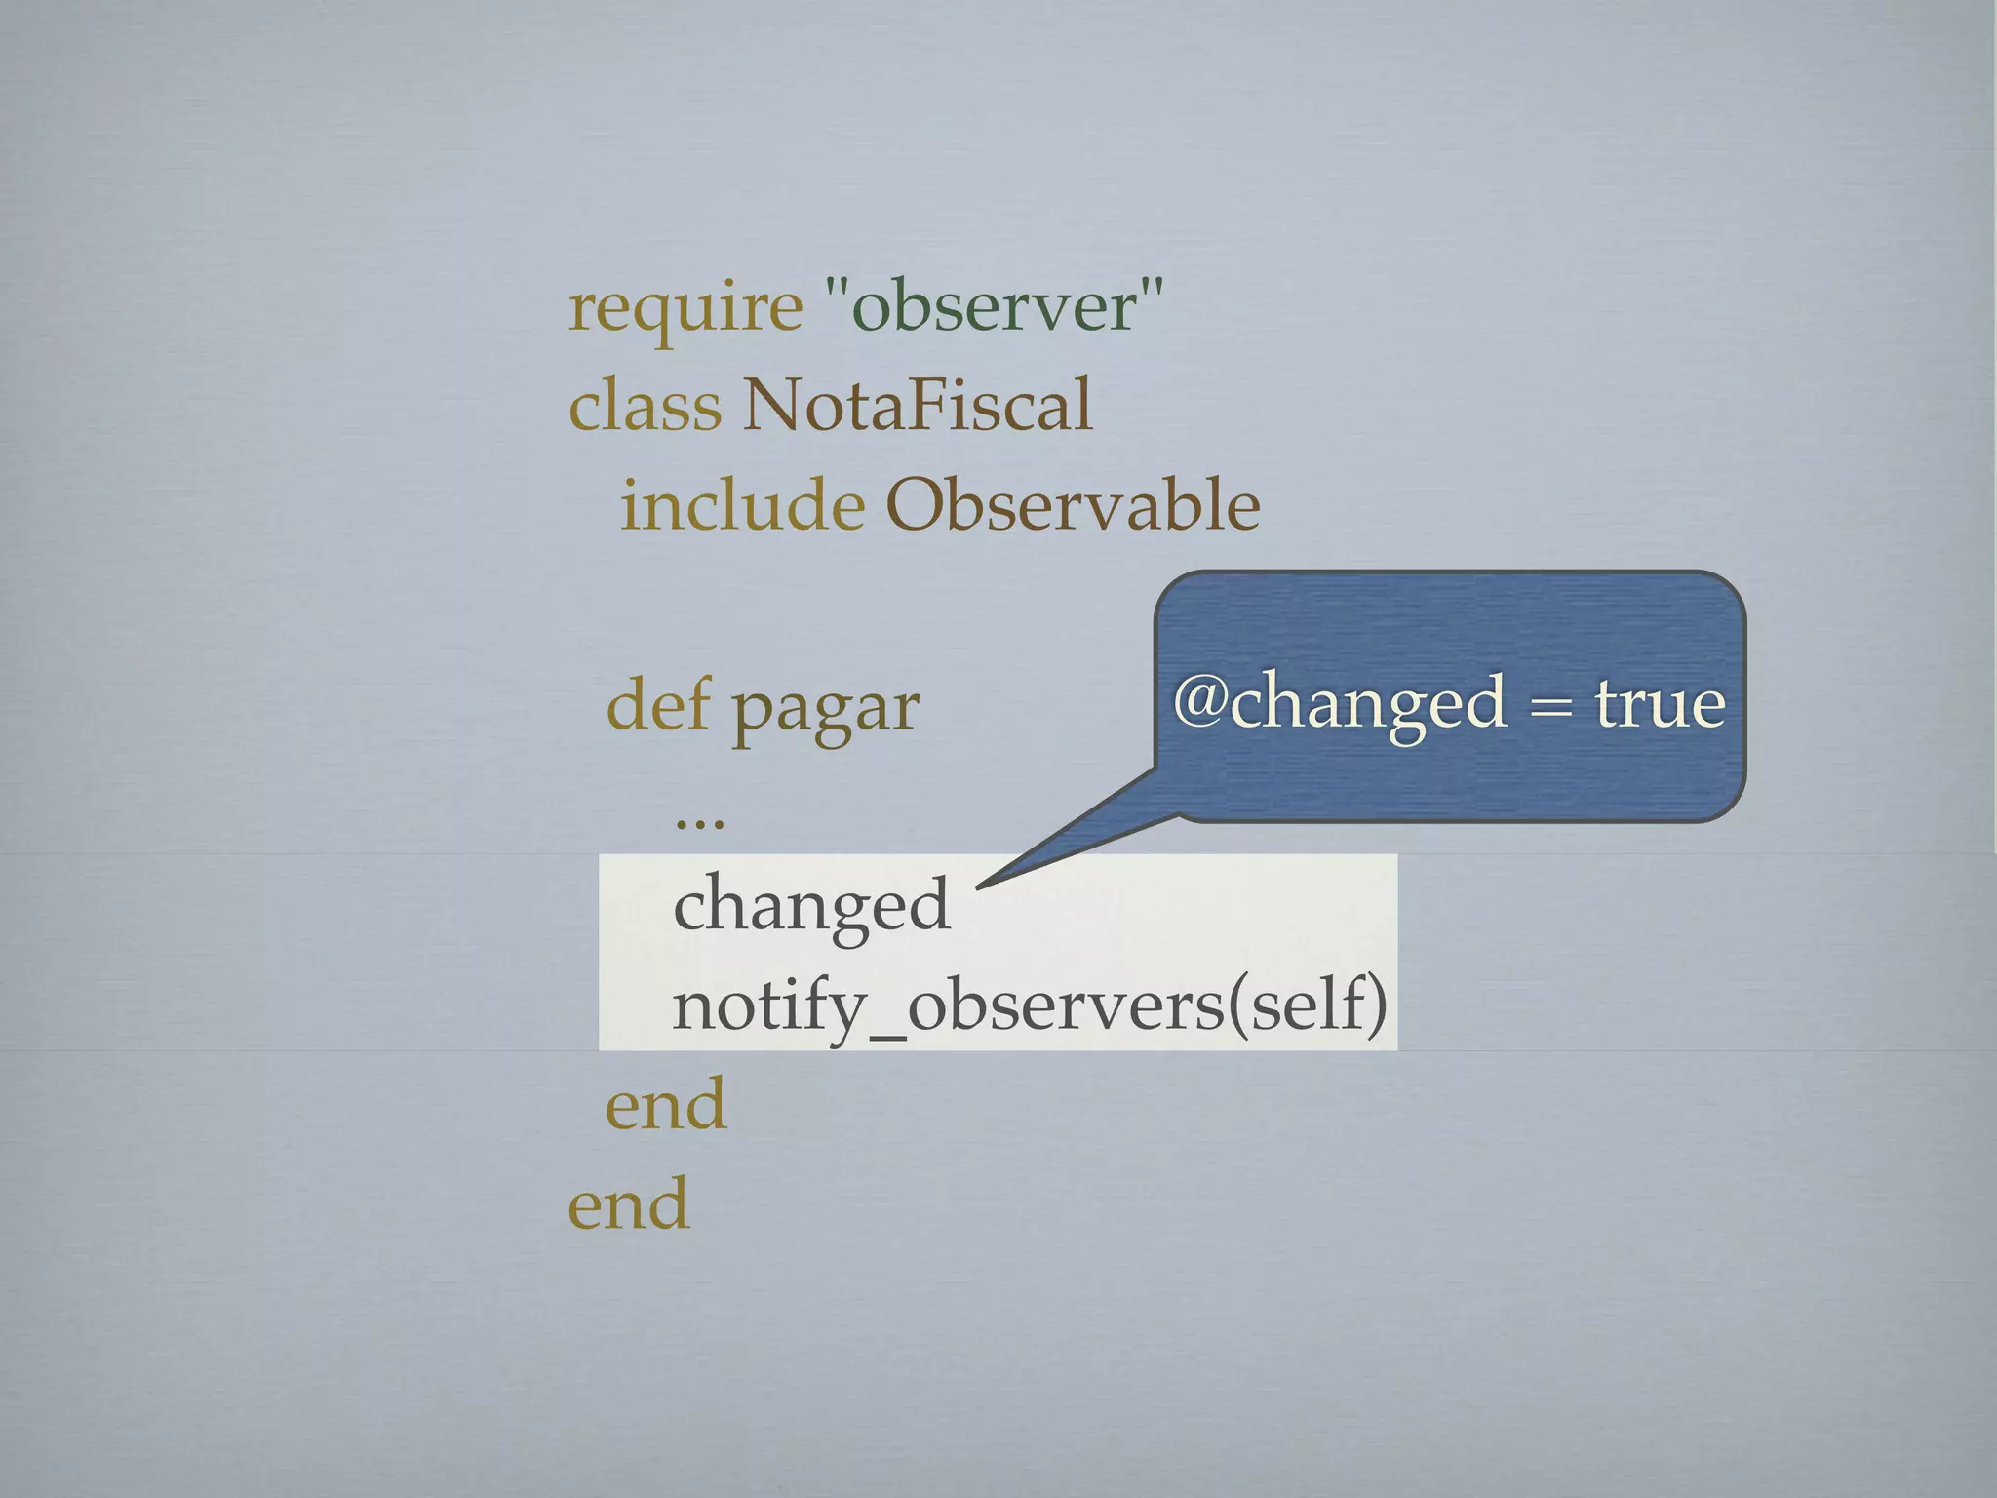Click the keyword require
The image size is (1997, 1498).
(685, 310)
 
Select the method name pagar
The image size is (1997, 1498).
(825, 710)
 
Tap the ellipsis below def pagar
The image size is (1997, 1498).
(699, 821)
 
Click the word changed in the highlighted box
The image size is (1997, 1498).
(811, 905)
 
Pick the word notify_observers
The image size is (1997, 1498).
(947, 1006)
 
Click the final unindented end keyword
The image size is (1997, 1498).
(629, 1204)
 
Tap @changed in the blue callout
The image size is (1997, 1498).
(1340, 704)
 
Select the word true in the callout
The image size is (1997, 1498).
(1660, 704)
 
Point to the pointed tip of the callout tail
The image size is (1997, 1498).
(978, 886)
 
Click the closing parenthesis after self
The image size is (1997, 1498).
(1375, 1006)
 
